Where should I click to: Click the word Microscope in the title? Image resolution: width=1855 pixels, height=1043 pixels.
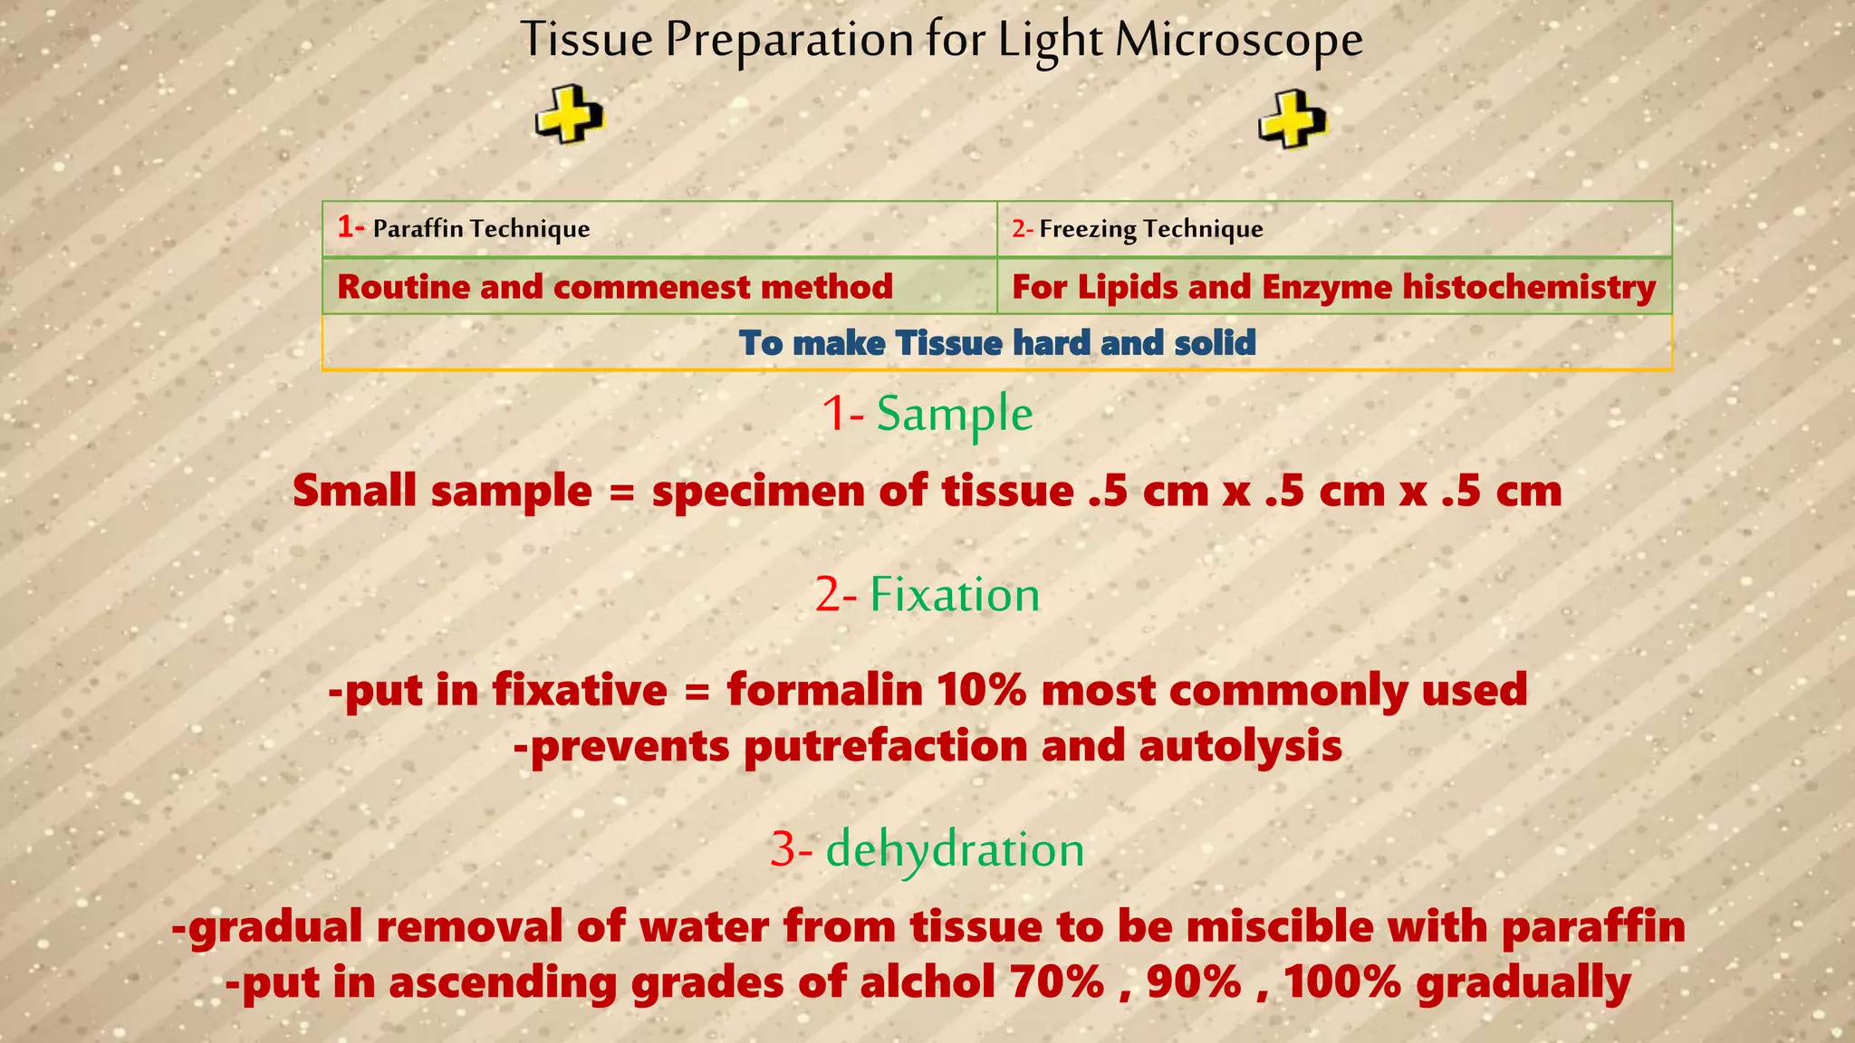pyautogui.click(x=1238, y=41)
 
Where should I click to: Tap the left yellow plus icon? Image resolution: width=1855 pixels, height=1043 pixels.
pyautogui.click(x=569, y=116)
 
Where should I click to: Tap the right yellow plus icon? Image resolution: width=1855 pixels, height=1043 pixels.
pyautogui.click(x=1293, y=120)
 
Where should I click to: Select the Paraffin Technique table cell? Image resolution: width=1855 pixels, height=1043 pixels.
pyautogui.click(x=659, y=228)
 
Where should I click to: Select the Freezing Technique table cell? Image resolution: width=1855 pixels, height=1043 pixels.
pyautogui.click(x=1333, y=228)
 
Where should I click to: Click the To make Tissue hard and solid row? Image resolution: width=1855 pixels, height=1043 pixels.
pyautogui.click(x=996, y=343)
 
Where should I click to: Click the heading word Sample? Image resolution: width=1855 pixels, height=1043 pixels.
pyautogui.click(x=954, y=415)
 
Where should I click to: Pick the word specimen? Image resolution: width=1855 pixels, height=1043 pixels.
pyautogui.click(x=756, y=492)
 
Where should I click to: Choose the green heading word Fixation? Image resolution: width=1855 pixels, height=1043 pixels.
pyautogui.click(x=954, y=595)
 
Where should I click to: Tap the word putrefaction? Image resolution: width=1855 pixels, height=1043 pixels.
pyautogui.click(x=885, y=747)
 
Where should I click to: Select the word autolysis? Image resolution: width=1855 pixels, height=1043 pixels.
pyautogui.click(x=1240, y=747)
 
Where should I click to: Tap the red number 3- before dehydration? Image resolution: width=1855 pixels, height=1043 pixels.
pyautogui.click(x=791, y=850)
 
